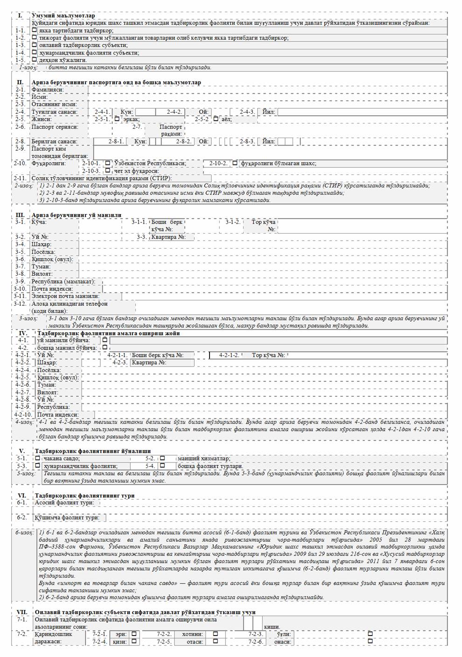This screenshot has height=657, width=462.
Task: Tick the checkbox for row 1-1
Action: point(35,30)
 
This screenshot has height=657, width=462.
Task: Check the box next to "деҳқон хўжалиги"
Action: point(35,60)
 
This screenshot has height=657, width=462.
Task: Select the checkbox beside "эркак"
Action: point(117,119)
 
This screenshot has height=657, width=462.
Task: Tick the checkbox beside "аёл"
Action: point(216,119)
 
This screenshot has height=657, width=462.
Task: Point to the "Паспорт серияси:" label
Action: point(55,127)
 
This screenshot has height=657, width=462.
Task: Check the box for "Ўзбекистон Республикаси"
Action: point(108,163)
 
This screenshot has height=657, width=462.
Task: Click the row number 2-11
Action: point(20,178)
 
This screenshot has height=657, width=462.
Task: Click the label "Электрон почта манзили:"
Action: point(65,296)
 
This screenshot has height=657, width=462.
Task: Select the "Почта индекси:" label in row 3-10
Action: point(52,289)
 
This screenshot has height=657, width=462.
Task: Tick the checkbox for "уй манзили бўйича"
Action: point(105,340)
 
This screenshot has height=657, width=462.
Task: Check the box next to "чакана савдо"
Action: point(38,458)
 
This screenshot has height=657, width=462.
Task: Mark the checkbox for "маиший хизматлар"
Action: point(162,458)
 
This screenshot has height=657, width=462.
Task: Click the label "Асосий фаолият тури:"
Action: point(64,503)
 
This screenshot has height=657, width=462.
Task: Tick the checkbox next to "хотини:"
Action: point(215,634)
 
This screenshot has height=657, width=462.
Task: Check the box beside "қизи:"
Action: point(134,641)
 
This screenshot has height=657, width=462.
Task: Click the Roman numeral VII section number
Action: point(22,612)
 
